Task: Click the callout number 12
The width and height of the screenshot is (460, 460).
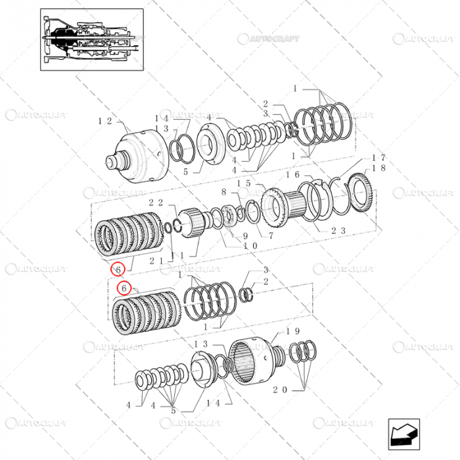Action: tap(105, 121)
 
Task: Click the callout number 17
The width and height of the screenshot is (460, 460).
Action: tap(379, 158)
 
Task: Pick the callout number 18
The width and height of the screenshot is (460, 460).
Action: tap(379, 168)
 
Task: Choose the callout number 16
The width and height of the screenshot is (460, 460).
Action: tap(292, 175)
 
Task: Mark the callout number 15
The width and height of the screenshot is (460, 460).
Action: tap(244, 184)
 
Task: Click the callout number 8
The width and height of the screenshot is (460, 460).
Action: tap(223, 192)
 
